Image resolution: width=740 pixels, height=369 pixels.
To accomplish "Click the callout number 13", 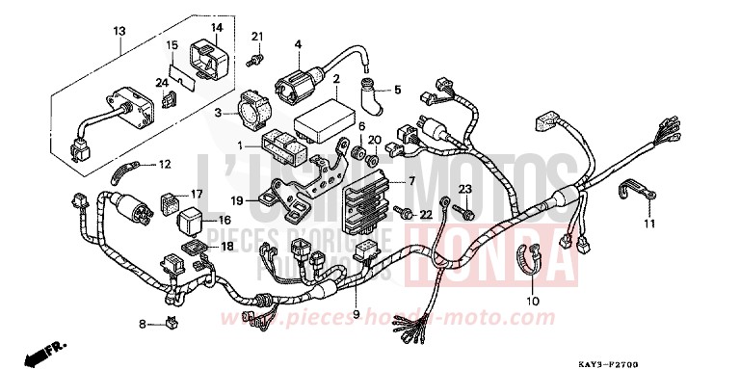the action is coord(119,31).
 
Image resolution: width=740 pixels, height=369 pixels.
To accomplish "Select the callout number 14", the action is coord(217,27).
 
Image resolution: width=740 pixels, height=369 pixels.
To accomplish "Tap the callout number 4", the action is coord(299,43).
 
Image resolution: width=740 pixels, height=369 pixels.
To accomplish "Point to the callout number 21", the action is coord(257,37).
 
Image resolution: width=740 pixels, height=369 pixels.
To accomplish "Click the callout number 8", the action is coord(142,325).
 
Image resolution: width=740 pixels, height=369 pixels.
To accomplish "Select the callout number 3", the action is coord(219,114).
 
